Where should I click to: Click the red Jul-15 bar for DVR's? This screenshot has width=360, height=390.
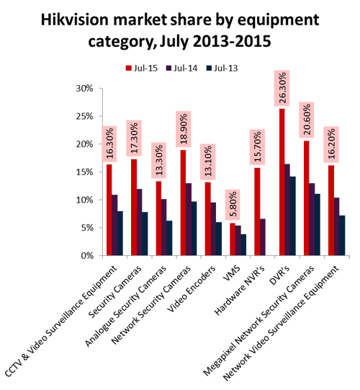[x=282, y=182]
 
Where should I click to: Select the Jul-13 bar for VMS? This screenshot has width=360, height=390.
[x=243, y=245]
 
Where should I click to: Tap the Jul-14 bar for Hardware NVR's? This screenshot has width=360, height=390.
[x=263, y=237]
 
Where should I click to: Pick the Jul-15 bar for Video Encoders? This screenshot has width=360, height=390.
[x=208, y=219]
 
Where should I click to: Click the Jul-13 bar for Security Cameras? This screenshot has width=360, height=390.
[x=145, y=234]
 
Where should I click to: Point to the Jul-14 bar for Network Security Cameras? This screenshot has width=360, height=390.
[x=189, y=219]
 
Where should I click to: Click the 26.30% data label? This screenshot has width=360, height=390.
[x=282, y=88]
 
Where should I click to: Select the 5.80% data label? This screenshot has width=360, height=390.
[x=233, y=205]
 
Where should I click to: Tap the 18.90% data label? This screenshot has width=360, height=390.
[x=184, y=129]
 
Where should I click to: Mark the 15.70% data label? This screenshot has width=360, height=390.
[x=257, y=147]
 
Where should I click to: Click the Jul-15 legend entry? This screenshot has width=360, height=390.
[x=142, y=68]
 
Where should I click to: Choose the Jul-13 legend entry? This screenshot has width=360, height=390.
[x=222, y=68]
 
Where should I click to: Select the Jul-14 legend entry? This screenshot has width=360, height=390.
[x=181, y=68]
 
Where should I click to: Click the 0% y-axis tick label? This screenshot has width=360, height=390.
[x=87, y=256]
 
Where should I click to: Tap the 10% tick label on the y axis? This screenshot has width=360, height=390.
[x=84, y=200]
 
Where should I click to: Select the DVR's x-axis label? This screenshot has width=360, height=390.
[x=281, y=274]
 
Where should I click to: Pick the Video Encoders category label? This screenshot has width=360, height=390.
[x=192, y=288]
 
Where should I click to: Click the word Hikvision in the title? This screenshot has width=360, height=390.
[x=75, y=19]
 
